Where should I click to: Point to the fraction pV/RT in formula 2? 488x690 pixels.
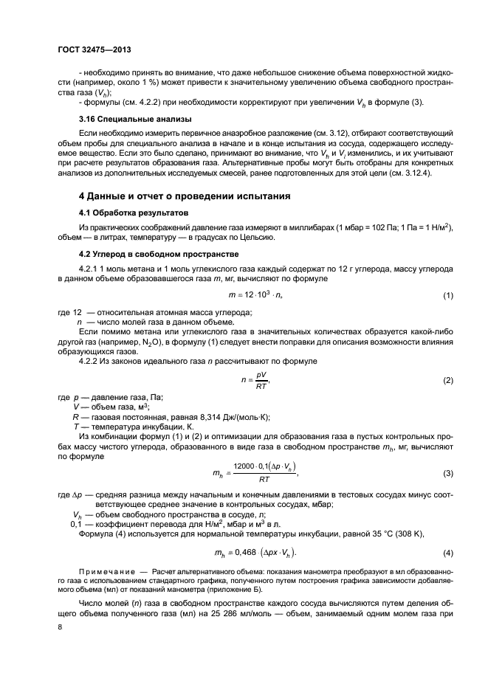pyautogui.click(x=260, y=380)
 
